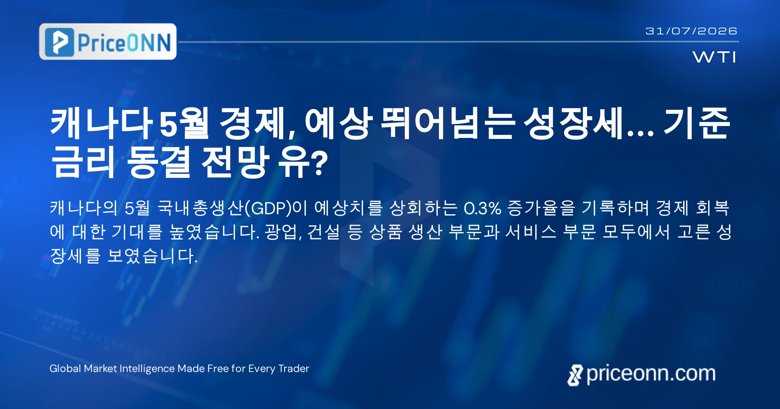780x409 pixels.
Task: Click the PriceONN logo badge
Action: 108,42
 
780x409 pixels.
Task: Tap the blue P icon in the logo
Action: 59,42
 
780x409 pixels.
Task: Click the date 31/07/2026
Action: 691,31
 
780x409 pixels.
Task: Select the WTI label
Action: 714,57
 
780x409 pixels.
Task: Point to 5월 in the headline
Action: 184,123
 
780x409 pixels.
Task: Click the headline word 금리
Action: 83,161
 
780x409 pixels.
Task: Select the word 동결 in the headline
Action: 158,161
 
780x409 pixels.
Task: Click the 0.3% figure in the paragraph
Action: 482,208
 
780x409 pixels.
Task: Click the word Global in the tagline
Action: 65,368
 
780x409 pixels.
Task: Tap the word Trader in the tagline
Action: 294,368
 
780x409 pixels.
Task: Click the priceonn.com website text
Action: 651,374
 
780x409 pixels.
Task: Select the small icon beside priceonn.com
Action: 575,375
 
